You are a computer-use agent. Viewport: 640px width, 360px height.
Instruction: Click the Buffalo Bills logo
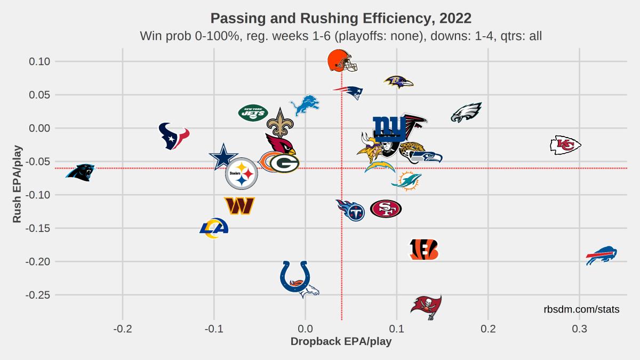[x=601, y=256]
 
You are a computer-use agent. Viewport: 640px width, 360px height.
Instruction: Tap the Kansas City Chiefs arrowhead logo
[x=565, y=145]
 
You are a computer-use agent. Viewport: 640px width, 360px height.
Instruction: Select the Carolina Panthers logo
[x=80, y=172]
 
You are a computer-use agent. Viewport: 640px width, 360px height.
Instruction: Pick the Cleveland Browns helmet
[x=341, y=60]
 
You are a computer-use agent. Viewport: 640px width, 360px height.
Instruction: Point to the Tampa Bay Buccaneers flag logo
[x=427, y=307]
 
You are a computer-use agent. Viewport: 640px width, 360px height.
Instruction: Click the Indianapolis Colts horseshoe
[x=295, y=276]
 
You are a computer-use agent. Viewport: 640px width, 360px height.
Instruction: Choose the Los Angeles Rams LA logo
[x=214, y=228]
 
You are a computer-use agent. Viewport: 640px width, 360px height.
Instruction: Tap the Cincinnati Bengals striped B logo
[x=424, y=249]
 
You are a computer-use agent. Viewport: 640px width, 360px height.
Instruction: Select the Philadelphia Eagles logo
[x=466, y=113]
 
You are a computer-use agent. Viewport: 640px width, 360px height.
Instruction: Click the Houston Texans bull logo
[x=174, y=135]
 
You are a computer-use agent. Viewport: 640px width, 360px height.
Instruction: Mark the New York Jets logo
[x=253, y=113]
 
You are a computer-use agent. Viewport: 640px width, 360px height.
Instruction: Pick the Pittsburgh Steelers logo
[x=242, y=173]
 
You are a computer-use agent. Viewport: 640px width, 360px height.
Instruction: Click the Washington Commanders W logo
[x=239, y=205]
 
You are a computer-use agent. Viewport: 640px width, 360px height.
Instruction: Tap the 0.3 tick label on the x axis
[x=579, y=327]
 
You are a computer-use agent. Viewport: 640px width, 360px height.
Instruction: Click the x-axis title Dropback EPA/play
[x=341, y=342]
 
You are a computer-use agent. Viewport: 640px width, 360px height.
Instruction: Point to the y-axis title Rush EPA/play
[x=17, y=183]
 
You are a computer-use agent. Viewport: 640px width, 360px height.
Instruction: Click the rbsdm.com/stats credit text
[x=581, y=309]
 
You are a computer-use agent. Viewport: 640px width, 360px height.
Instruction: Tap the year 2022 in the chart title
[x=456, y=18]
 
